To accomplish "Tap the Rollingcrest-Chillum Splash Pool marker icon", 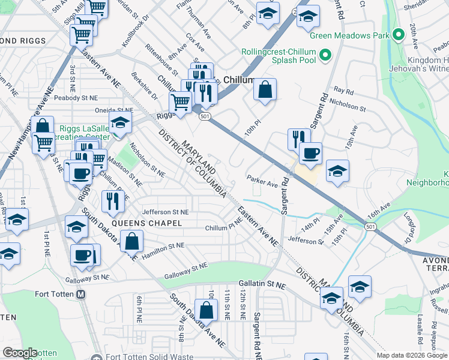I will (325, 56).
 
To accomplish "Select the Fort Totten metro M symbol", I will (82, 295).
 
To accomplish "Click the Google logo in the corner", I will (20, 353).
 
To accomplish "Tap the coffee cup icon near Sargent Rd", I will (310, 152).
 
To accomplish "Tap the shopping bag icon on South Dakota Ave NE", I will (206, 309).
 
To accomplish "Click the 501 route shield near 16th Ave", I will (369, 225).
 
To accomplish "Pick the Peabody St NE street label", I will (75, 97).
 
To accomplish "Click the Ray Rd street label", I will (343, 91).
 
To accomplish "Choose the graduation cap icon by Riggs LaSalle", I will (121, 124).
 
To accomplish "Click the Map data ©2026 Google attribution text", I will (412, 355).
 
